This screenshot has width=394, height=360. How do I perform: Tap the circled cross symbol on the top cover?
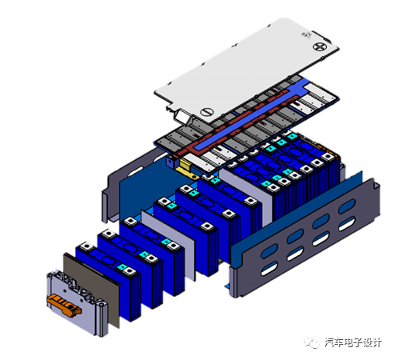click(x=319, y=47)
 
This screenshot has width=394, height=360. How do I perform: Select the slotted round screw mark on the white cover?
click(x=207, y=112)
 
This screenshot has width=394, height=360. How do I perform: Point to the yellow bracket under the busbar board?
click(x=188, y=169)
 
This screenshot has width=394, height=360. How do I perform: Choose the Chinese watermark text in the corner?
click(x=353, y=342)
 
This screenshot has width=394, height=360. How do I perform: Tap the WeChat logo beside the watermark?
click(x=312, y=342)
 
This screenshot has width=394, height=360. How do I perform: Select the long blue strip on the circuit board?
click(x=249, y=117)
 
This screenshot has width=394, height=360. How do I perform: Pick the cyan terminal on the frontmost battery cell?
click(x=123, y=267)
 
